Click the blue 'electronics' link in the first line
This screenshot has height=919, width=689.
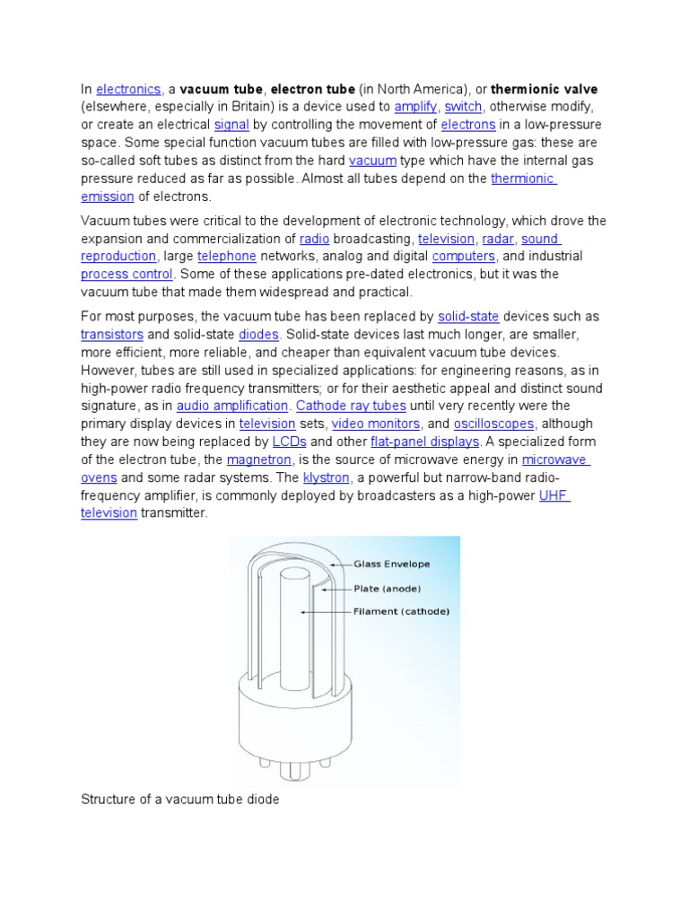click(128, 89)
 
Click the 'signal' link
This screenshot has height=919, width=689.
click(231, 125)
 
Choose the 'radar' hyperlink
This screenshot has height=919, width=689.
click(498, 239)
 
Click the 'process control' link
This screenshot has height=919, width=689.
click(127, 275)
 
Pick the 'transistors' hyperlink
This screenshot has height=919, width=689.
click(112, 335)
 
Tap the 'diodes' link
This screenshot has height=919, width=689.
click(259, 335)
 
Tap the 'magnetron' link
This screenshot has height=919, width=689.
click(259, 459)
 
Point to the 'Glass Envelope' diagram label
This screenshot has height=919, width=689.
click(391, 565)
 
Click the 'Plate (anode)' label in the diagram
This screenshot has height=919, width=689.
click(388, 589)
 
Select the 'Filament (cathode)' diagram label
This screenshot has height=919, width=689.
click(400, 612)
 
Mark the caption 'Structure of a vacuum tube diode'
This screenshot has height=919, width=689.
click(180, 799)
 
